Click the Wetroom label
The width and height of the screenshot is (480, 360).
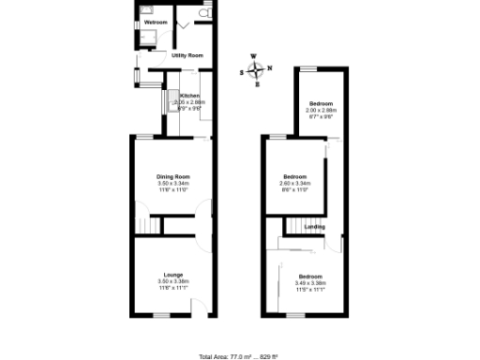[x=156, y=22]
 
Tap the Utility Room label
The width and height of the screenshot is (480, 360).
[x=187, y=55]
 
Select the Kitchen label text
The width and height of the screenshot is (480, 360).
[x=189, y=95]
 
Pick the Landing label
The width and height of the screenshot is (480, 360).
[x=314, y=226]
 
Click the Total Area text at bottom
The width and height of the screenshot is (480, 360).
[x=240, y=356]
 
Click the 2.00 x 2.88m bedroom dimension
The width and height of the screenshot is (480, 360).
[x=321, y=111]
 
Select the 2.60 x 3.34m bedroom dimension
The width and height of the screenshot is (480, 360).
[x=295, y=183]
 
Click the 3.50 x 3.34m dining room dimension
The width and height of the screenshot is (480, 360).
[x=173, y=184]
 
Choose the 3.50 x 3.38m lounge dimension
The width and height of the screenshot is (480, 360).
[x=173, y=281]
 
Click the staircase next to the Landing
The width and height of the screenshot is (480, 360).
[x=297, y=226]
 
